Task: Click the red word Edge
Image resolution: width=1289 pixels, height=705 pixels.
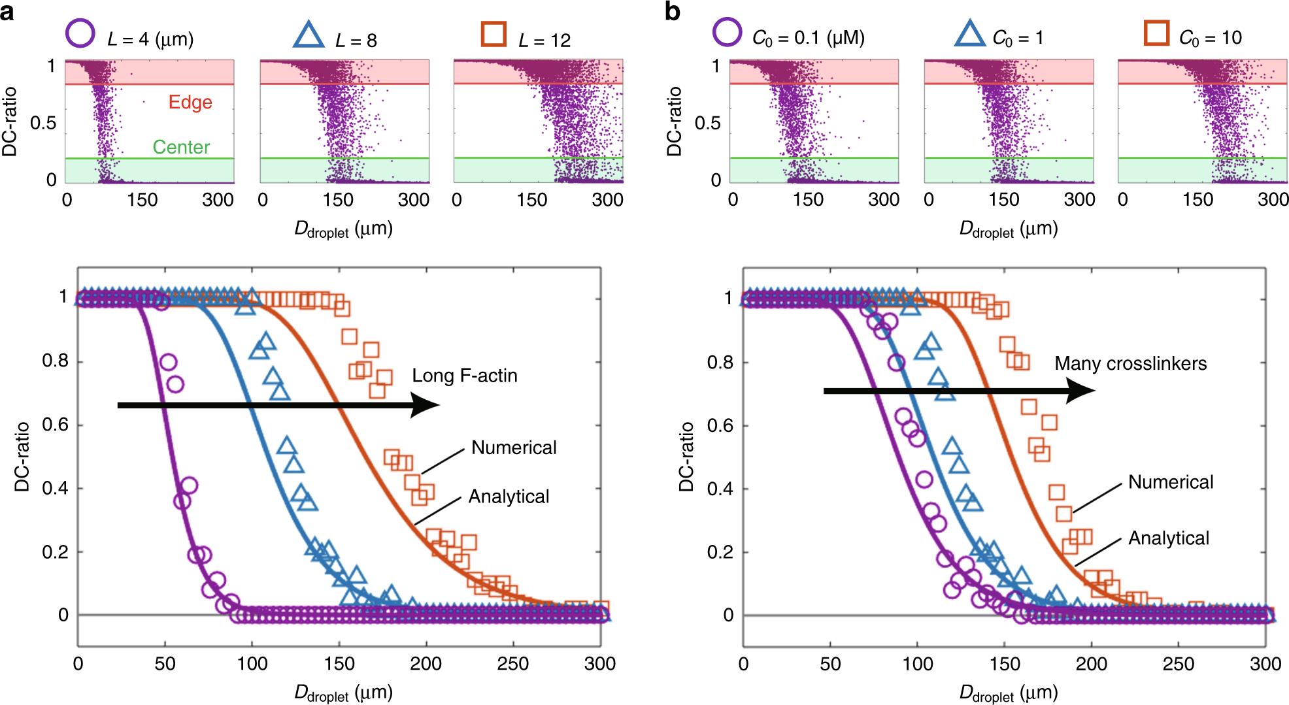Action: point(190,103)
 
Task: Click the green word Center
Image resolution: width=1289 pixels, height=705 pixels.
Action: point(181,147)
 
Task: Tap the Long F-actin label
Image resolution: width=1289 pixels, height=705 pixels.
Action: point(464,376)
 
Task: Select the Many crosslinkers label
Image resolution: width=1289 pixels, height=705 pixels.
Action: point(1130,363)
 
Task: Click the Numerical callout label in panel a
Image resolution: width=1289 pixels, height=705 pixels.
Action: point(514,448)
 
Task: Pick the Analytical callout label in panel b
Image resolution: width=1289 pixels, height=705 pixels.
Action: point(1169,538)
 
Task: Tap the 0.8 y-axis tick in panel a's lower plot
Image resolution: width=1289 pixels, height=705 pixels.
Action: point(55,362)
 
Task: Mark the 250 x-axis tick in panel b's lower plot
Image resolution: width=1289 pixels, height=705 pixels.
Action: point(1178,664)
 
